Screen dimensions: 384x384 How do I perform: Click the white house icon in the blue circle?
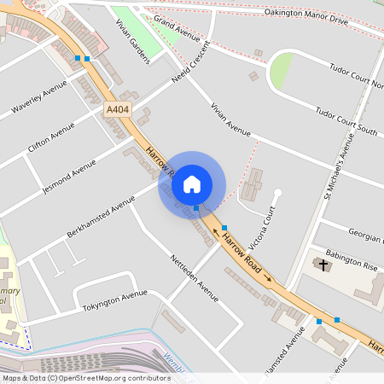pyautogui.click(x=192, y=183)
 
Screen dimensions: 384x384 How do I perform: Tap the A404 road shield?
pyautogui.click(x=118, y=109)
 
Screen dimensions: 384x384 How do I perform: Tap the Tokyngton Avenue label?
pyautogui.click(x=114, y=300)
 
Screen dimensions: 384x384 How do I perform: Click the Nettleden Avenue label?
pyautogui.click(x=195, y=277)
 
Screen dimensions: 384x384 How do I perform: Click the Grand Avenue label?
pyautogui.click(x=177, y=32)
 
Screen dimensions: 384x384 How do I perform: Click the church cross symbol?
pyautogui.click(x=323, y=263)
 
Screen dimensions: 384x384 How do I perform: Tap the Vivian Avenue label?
pyautogui.click(x=230, y=119)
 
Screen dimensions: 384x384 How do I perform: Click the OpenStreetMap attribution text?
pyautogui.click(x=85, y=377)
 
